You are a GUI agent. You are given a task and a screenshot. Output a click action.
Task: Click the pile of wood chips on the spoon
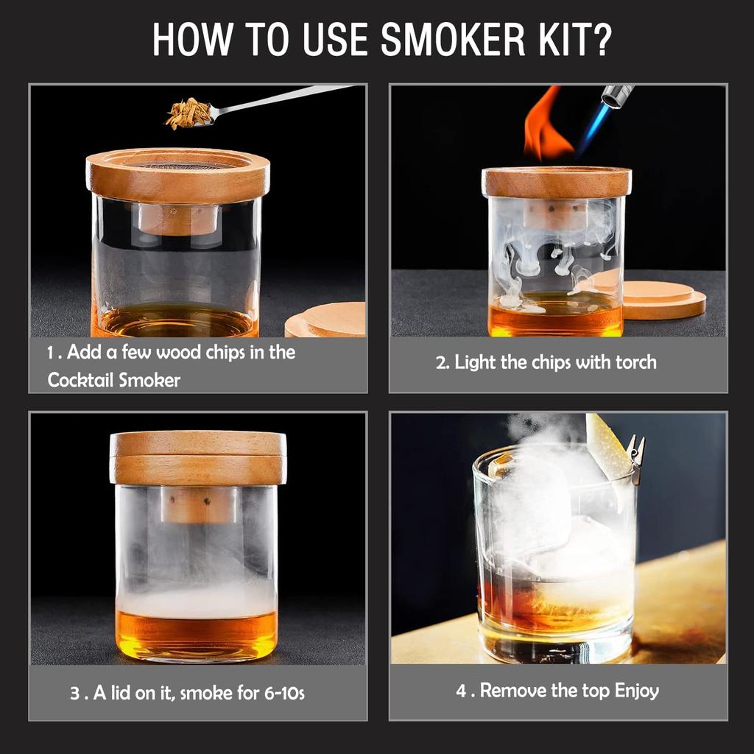(x=188, y=113)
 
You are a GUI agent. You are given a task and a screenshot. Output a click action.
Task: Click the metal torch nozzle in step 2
(x=617, y=96)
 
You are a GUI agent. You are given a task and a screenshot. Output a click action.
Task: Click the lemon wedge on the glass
(x=607, y=445)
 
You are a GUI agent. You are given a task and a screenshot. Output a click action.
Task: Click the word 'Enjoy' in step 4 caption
(x=637, y=691)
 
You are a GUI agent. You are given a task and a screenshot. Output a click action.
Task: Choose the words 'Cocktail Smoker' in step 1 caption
(x=113, y=380)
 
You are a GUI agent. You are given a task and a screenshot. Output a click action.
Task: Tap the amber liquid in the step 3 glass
(x=196, y=635)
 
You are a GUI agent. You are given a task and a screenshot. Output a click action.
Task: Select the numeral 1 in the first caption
(x=51, y=353)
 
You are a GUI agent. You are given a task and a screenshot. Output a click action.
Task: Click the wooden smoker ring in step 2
(x=556, y=183)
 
